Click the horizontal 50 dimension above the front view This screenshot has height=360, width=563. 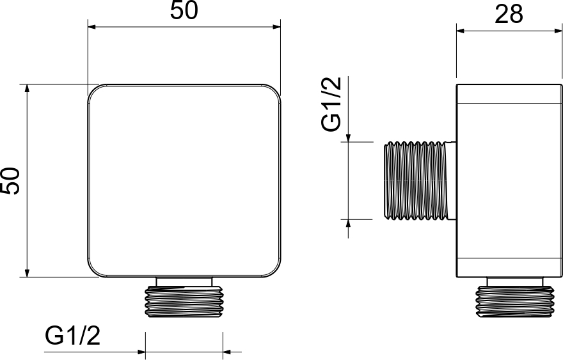pos(184,10)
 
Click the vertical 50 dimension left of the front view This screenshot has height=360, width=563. pos(10,181)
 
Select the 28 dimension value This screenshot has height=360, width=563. pos(509,15)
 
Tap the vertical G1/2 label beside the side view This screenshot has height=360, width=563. pos(331,104)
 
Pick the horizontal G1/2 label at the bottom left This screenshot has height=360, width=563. pos(72,336)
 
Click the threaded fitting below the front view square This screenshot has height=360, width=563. pos(184,302)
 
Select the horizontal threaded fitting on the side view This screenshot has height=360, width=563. pos(416,180)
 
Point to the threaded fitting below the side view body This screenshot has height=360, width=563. pos(514,302)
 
